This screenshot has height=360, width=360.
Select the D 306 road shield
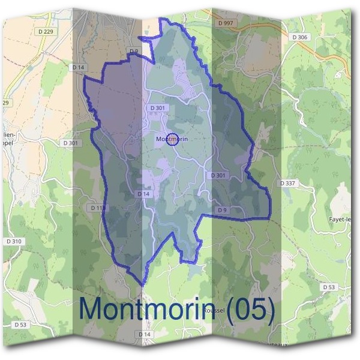300,37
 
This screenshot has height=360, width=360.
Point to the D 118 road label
98,208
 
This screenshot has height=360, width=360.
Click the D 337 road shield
287,182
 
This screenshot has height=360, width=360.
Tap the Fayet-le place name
344,220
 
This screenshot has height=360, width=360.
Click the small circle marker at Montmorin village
172,139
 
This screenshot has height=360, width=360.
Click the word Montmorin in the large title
149,308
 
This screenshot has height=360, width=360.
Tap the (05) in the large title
250,308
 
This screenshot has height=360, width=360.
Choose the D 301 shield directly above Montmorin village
157,108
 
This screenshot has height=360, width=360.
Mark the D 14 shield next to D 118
143,194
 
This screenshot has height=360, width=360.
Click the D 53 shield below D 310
20,325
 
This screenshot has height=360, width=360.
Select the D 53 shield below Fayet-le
328,287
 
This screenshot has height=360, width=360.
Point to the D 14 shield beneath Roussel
144,334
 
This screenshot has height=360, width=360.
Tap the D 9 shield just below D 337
222,210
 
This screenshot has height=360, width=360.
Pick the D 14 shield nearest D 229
78,68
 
